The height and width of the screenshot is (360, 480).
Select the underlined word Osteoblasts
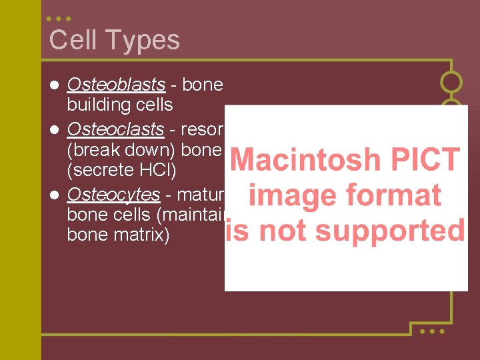point(116,85)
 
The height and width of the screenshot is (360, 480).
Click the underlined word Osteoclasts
point(115,129)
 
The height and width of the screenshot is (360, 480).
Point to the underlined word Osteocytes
point(113,195)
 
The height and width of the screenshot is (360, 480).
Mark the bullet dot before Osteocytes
point(55,195)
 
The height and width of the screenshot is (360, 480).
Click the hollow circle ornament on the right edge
point(451,82)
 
